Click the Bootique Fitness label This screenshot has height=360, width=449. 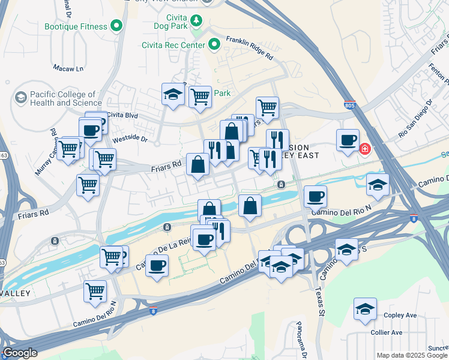(x=76, y=26)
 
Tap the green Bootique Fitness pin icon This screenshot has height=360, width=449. (x=117, y=26)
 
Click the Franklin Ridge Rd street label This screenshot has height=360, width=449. (x=249, y=49)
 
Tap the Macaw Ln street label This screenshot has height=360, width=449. (x=68, y=68)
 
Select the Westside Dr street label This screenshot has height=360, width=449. (x=130, y=139)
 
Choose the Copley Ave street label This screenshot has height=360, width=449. (x=402, y=315)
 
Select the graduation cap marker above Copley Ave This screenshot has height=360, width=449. (x=365, y=308)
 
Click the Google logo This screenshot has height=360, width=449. (x=20, y=353)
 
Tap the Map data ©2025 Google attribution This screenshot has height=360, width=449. (x=412, y=355)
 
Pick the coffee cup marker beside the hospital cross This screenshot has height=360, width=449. (x=348, y=140)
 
